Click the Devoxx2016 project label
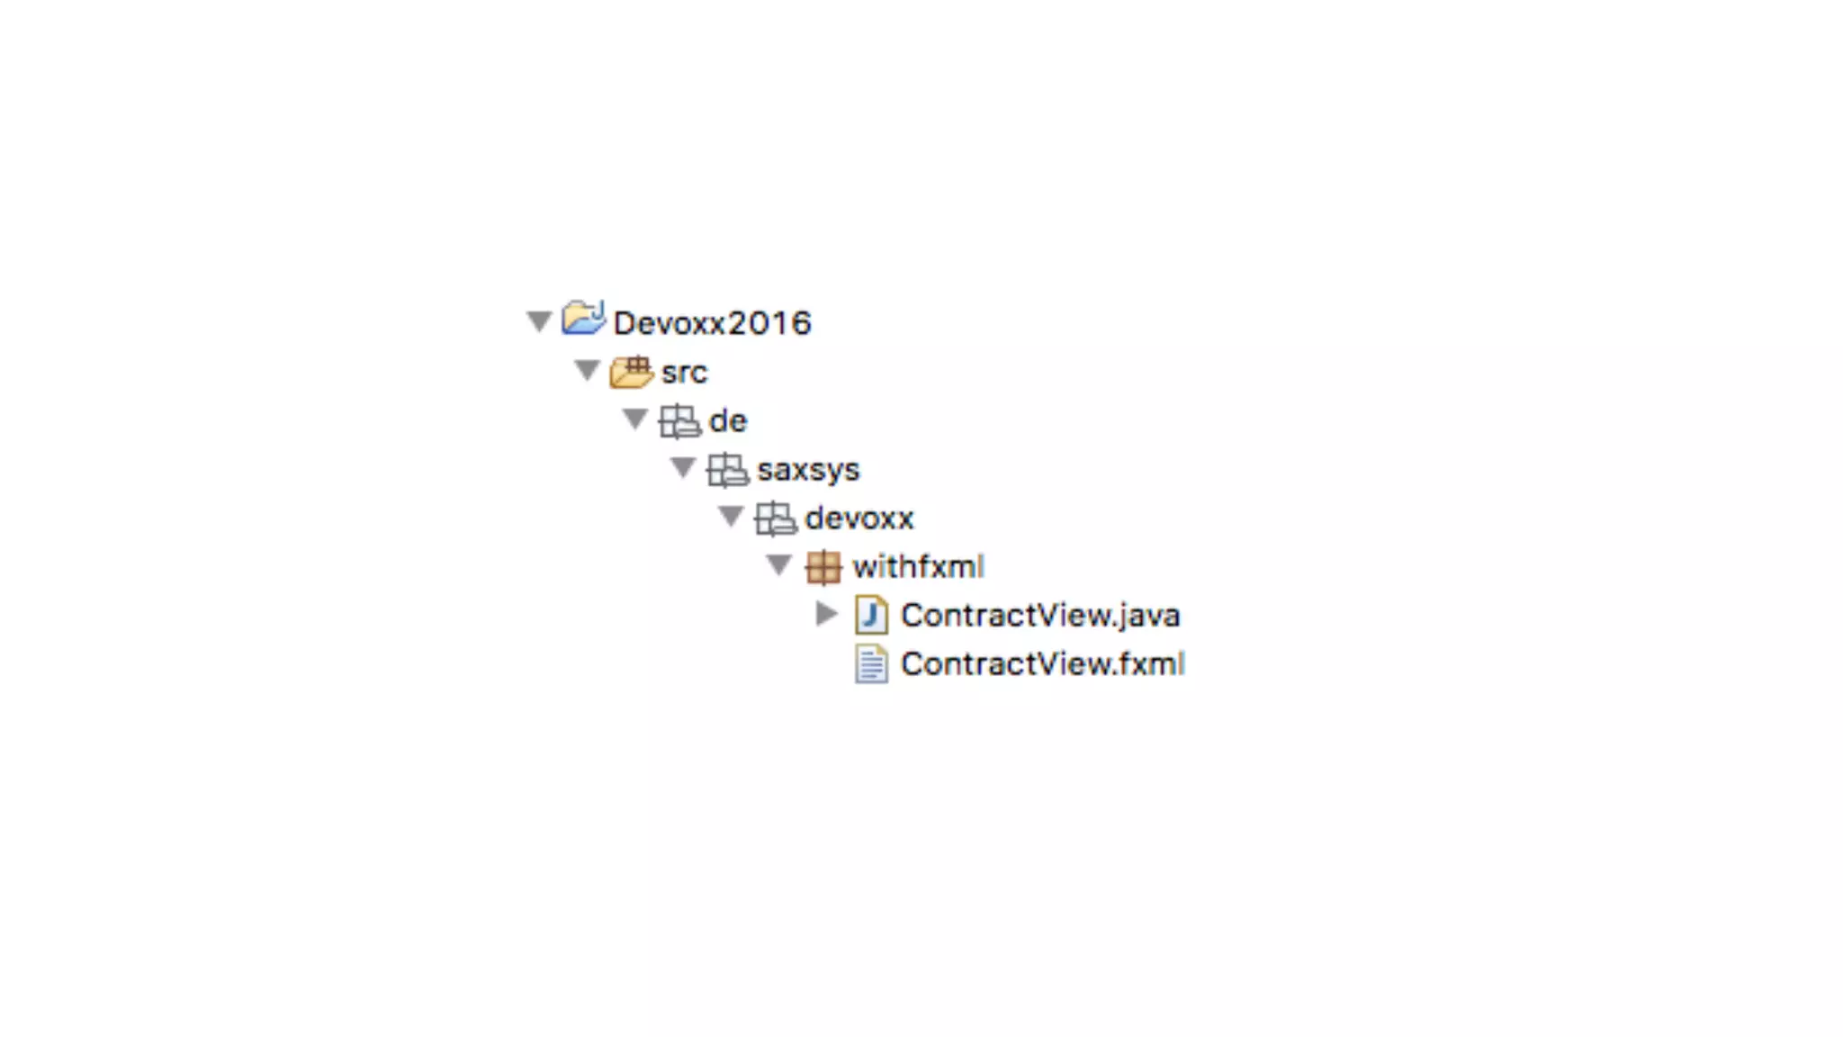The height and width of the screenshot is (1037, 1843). tap(712, 323)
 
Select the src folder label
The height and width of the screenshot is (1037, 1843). tap(684, 373)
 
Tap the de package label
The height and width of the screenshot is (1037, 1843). tap(727, 421)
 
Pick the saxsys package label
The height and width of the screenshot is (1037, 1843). tap(808, 470)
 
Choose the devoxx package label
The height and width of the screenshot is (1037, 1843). tap(859, 518)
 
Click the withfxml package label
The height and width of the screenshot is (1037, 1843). tap(918, 567)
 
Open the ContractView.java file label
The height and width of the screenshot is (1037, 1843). tap(1039, 616)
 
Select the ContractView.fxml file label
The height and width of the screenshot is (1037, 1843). tap(1042, 664)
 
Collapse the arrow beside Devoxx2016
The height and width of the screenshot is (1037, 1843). tap(539, 321)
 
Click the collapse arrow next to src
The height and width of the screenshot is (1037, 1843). tap(587, 370)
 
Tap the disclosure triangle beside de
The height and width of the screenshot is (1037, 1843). tap(634, 419)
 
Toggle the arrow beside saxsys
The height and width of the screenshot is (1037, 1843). tap(683, 467)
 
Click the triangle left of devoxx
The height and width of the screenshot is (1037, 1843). tap(731, 516)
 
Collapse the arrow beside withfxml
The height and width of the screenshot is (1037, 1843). tap(778, 564)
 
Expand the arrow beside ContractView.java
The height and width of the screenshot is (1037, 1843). tap(826, 614)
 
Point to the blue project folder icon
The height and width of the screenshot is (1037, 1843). tap(583, 319)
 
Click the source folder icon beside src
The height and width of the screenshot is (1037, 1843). tap(632, 370)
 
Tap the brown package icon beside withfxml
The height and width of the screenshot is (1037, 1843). tap(823, 567)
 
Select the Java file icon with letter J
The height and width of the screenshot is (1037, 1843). tap(871, 616)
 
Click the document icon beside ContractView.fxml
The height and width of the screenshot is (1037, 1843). tap(871, 664)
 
